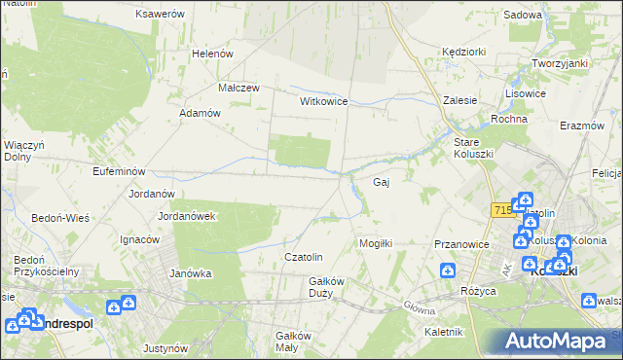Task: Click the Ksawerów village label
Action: click(x=161, y=15)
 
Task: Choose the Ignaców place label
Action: click(x=139, y=239)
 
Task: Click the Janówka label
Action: click(x=191, y=273)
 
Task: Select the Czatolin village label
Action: click(x=302, y=257)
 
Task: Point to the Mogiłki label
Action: click(x=376, y=243)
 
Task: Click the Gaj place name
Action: click(x=383, y=182)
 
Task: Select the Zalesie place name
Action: click(x=460, y=100)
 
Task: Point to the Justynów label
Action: click(x=165, y=348)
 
